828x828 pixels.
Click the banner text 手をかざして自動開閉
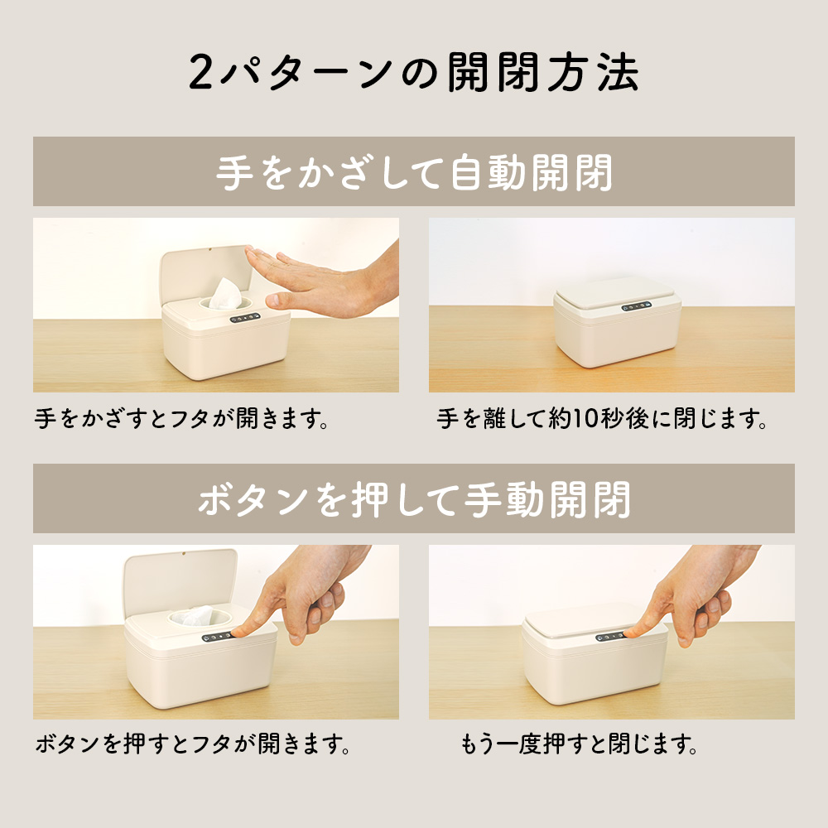pos(414,172)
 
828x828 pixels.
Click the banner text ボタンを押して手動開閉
pos(414,499)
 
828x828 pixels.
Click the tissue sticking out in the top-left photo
pos(224,293)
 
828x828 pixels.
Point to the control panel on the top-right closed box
pos(636,307)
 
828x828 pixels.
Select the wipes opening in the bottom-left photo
pos(191,616)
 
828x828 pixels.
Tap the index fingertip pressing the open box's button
pos(239,633)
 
